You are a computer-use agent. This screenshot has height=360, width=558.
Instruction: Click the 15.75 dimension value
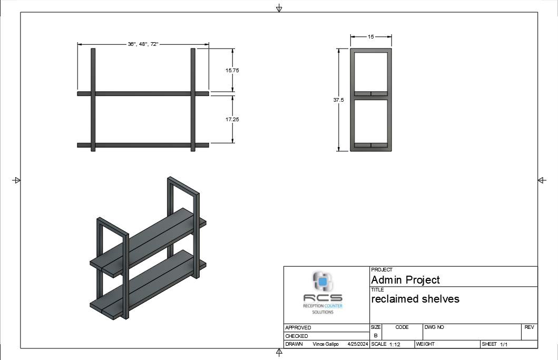[x=232, y=71]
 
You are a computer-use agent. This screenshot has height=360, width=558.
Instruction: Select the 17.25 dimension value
[x=232, y=120]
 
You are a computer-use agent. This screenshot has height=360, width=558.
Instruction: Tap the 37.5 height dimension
[x=338, y=100]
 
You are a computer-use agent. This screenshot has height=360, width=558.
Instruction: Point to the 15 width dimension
[x=371, y=37]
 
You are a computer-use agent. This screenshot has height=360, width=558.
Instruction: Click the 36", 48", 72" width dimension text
[x=143, y=44]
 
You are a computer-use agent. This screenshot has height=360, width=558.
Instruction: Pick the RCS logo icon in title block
[x=323, y=281]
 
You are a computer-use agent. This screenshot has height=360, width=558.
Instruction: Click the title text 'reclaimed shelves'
[x=415, y=299]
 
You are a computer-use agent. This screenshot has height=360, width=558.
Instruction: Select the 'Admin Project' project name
[x=405, y=280]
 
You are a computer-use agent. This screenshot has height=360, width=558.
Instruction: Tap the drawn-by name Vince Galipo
[x=326, y=344]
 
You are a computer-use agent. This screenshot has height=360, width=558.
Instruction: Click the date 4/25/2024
[x=358, y=344]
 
